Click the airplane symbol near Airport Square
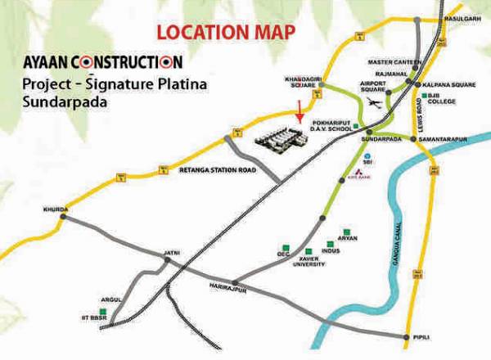click(x=374, y=103)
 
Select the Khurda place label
click(x=53, y=209)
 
